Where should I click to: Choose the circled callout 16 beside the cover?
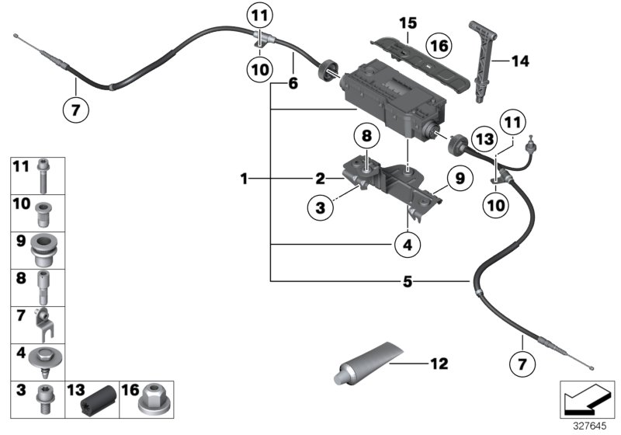tap(439, 47)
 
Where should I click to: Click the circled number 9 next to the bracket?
tap(459, 178)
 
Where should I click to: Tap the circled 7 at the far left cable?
tap(75, 110)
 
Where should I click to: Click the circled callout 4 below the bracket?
tap(408, 245)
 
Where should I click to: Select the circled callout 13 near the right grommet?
tap(484, 138)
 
